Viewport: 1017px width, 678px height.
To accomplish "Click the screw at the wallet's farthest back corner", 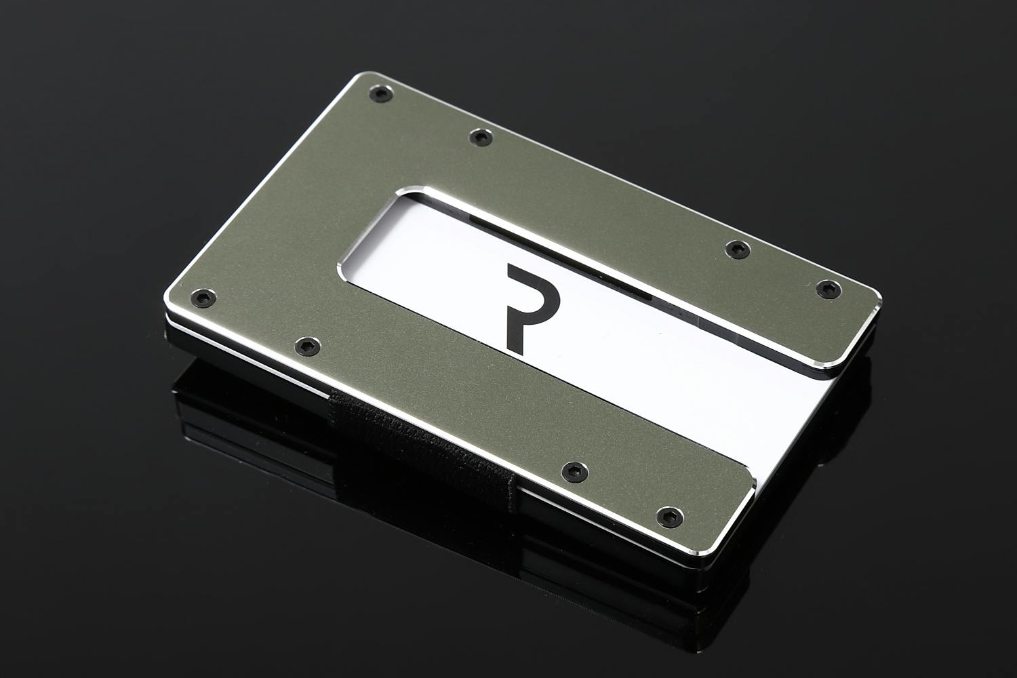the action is [x=380, y=94].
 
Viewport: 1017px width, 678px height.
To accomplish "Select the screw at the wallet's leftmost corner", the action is [x=203, y=298].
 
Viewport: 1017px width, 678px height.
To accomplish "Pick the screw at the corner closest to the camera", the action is [x=670, y=517].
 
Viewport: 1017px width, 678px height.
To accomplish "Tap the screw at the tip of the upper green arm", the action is [x=829, y=289].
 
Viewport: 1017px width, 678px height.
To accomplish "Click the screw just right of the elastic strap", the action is [x=574, y=471].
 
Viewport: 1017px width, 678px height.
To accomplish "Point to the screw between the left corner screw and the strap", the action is [x=307, y=346].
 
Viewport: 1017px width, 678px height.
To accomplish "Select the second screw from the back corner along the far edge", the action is [x=481, y=136].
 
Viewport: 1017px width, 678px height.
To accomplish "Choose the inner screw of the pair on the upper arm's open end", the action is [x=738, y=249].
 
